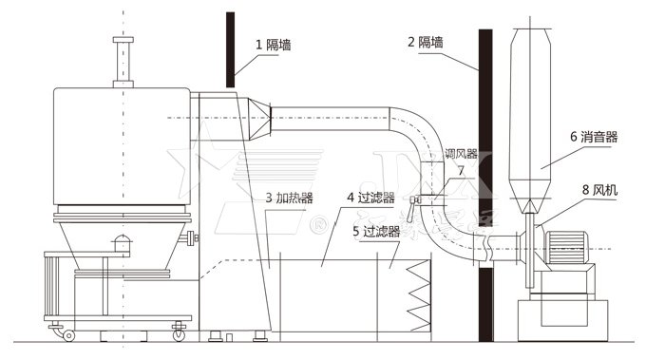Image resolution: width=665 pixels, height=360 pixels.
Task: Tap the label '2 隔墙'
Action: pyautogui.click(x=426, y=42)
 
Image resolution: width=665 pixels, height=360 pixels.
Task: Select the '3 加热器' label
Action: pyautogui.click(x=289, y=198)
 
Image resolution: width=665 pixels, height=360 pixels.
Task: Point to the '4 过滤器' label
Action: pyautogui.click(x=370, y=198)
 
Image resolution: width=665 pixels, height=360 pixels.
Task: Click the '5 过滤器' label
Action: pyautogui.click(x=374, y=230)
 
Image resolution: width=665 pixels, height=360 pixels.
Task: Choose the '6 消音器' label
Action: pyautogui.click(x=594, y=137)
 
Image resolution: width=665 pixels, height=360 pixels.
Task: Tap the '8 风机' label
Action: pyautogui.click(x=598, y=190)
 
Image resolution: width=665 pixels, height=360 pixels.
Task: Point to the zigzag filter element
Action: pyautogui.click(x=417, y=296)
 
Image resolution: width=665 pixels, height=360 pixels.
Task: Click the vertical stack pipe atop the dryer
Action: pyautogui.click(x=120, y=62)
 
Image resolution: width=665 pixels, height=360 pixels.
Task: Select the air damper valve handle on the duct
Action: pyautogui.click(x=414, y=203)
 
